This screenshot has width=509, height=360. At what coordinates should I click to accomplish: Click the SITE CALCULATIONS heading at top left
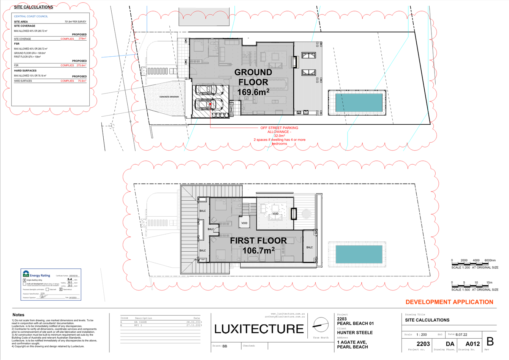coord(33,7)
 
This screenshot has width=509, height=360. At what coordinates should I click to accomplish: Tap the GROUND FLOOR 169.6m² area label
coord(253,82)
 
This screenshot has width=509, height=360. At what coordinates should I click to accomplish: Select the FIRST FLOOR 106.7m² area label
coord(258,246)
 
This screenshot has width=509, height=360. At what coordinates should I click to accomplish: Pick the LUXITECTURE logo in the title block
coord(259,329)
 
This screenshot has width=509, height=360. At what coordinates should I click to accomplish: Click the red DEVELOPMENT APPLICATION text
coord(449,302)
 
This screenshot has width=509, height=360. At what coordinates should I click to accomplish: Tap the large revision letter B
coord(490,342)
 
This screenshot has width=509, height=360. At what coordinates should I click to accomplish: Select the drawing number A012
coord(473,344)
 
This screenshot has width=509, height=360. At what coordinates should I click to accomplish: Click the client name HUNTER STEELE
coord(355,333)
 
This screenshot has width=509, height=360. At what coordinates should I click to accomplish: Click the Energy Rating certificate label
coord(40,275)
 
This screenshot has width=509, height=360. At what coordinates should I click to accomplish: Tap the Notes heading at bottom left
coord(18,315)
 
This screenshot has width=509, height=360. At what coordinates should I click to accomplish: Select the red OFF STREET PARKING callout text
coord(279,128)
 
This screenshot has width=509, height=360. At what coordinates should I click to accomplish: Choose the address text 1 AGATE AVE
coord(352,342)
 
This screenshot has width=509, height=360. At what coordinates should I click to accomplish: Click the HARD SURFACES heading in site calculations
coord(25,71)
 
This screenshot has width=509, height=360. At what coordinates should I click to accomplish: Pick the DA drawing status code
coord(450,344)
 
